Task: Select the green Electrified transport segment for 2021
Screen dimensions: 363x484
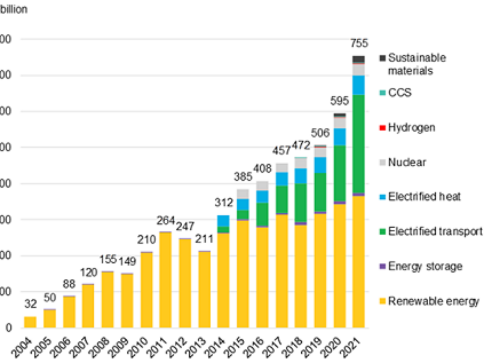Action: (x=359, y=144)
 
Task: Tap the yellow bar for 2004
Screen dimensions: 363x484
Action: (x=30, y=322)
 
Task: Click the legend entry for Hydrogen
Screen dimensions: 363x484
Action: (x=411, y=128)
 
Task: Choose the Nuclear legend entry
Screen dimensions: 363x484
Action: (x=407, y=163)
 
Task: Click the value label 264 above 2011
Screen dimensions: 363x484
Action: (x=166, y=221)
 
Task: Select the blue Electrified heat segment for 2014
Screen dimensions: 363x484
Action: (x=223, y=221)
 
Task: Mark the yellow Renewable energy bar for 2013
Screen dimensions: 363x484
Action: (x=204, y=289)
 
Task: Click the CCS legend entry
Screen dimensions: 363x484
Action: (x=400, y=93)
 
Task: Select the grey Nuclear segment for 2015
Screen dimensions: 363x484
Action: (x=243, y=194)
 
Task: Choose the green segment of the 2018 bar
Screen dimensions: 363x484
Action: (x=300, y=202)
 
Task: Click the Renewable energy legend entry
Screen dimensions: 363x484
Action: (x=434, y=301)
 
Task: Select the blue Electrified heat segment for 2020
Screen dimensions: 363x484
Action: (x=340, y=137)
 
